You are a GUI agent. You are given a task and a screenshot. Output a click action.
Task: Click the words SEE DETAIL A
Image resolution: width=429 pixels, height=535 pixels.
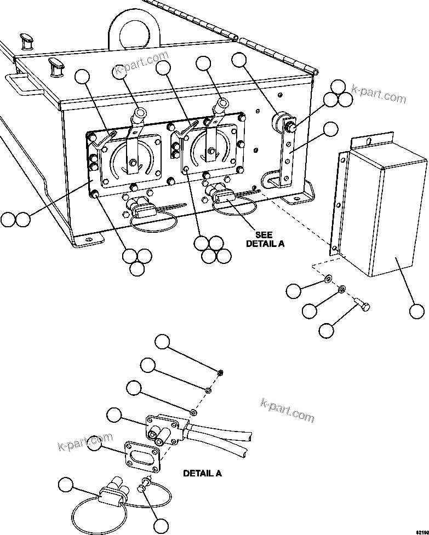coord(265,239)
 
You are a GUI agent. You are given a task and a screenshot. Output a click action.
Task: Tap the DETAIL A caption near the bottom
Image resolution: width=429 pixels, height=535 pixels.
coord(202,473)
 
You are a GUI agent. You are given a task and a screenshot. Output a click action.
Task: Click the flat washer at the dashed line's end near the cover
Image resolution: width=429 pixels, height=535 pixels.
coord(327,279)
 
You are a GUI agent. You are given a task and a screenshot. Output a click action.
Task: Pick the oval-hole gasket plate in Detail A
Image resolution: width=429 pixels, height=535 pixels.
coord(143,452)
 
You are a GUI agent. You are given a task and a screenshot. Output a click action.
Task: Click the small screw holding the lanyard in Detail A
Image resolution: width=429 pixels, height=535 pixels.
coord(145,484)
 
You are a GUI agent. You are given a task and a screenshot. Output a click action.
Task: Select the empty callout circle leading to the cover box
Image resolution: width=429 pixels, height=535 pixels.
coord(417,312)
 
